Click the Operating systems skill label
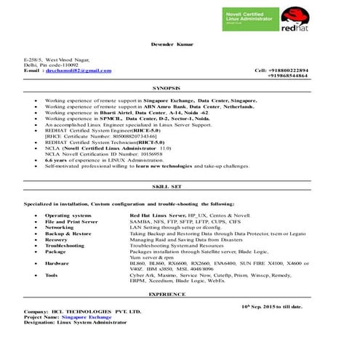pyautogui.click(x=68, y=216)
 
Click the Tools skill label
pyautogui.click(x=52, y=276)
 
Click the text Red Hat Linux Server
pyautogui.click(x=157, y=216)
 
